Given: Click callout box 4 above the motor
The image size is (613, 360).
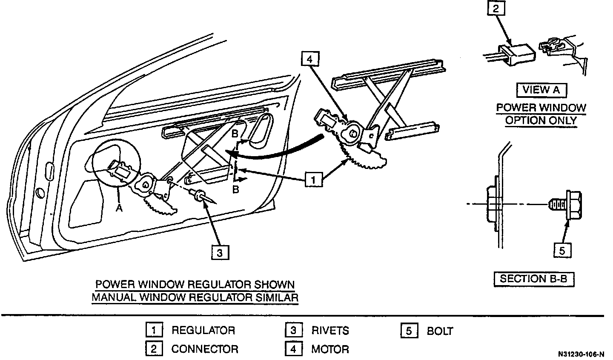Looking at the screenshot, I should click(309, 60).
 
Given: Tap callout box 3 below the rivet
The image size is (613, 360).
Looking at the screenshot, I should click(220, 253).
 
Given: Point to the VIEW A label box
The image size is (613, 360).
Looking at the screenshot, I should click(541, 90).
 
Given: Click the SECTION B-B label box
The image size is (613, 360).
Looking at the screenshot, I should click(533, 279).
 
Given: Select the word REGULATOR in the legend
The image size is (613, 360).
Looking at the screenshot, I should click(203, 330).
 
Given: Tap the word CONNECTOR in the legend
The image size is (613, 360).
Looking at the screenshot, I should click(204, 349).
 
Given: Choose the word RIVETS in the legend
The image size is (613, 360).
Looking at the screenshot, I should click(330, 330).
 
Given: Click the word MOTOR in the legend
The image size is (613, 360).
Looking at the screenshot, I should click(330, 349).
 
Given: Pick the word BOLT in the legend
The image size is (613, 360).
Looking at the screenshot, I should click(440, 331).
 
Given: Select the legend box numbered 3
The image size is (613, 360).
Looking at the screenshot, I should click(293, 330).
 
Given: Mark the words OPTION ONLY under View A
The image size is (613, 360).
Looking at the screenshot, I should click(541, 120).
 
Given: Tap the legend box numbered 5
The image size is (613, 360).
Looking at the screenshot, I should click(409, 331).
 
